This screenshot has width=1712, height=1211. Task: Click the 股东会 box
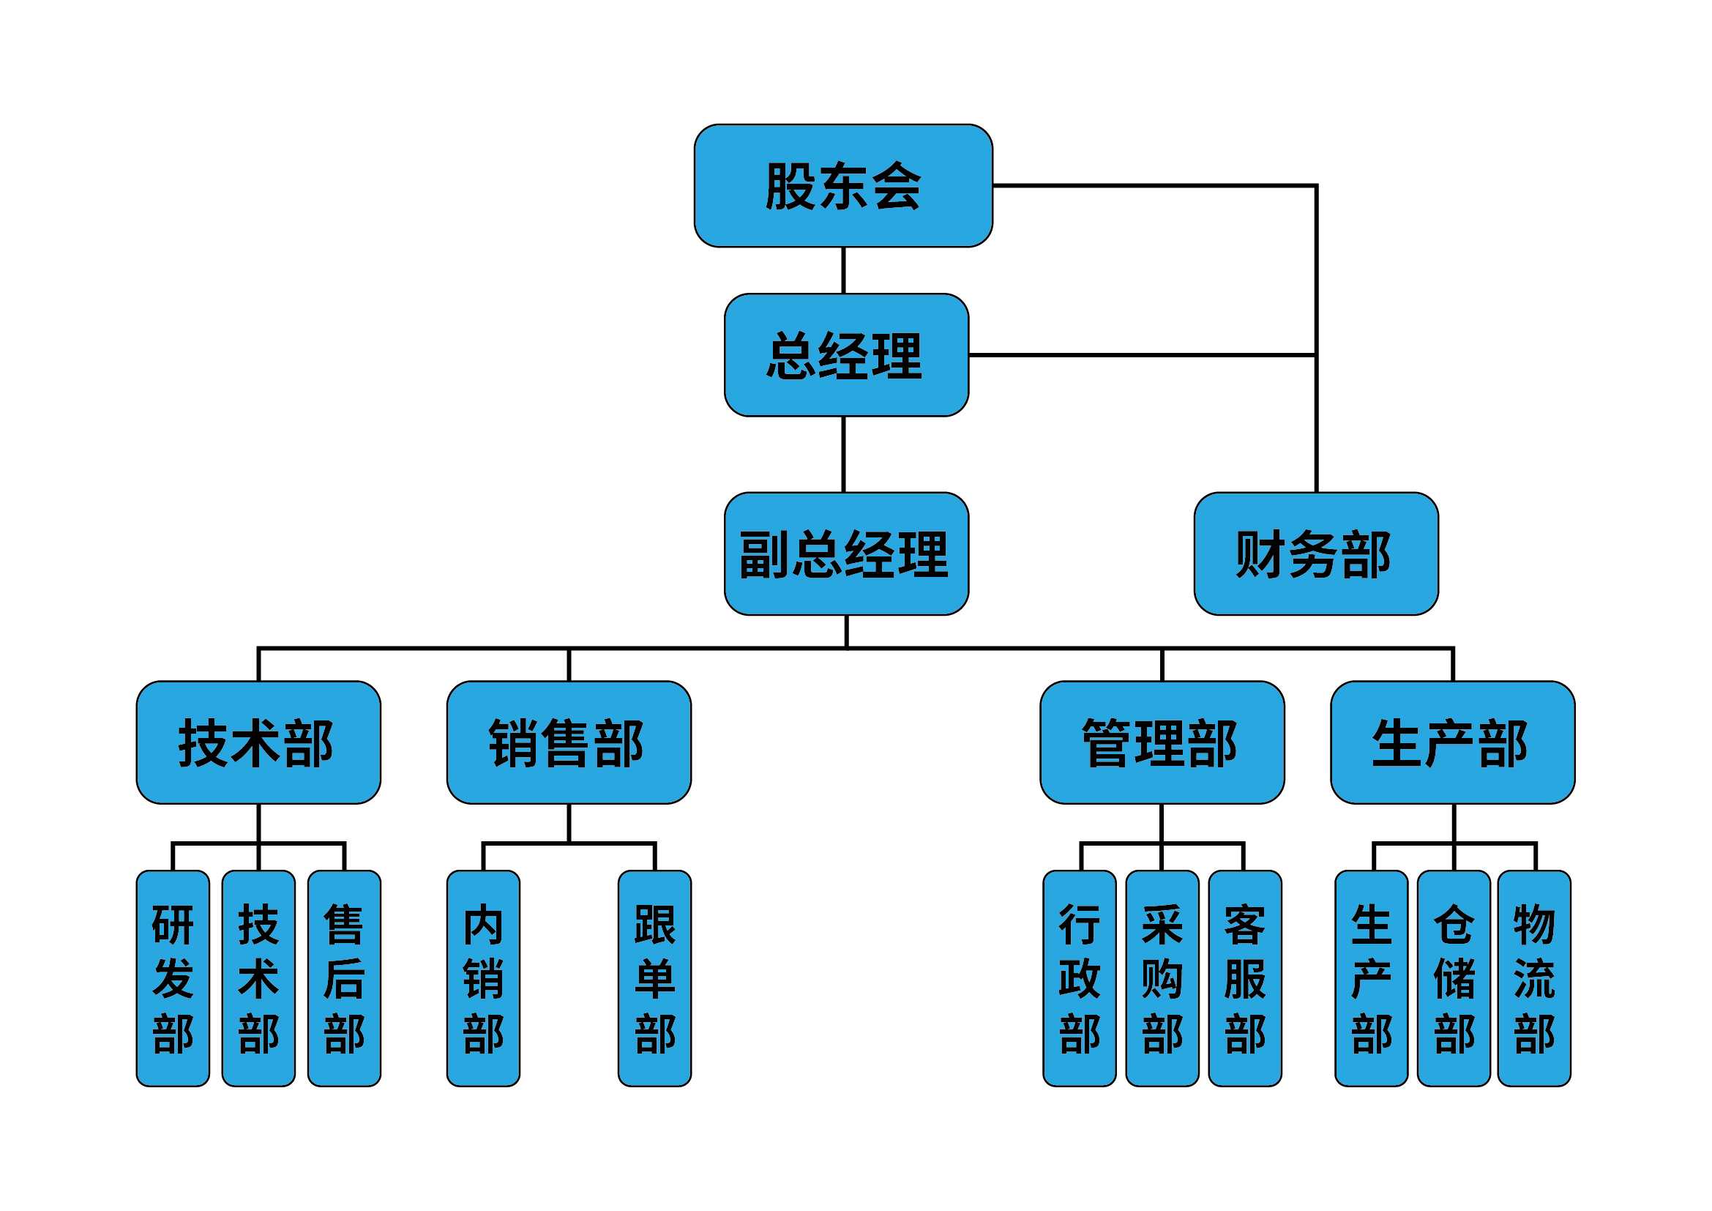coord(842,186)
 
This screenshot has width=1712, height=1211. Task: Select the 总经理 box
coord(846,355)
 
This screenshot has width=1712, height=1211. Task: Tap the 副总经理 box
coord(846,554)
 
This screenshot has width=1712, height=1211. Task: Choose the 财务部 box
coord(1315,554)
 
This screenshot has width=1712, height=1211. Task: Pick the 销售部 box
coord(568,742)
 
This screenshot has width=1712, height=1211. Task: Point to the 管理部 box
coord(1162,742)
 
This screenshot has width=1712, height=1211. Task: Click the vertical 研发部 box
coord(172,977)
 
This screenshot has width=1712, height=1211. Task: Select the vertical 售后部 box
coord(344,977)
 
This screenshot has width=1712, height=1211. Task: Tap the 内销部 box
coord(483,977)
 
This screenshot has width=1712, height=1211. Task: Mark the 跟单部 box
coord(654,977)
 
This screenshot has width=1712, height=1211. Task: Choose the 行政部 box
coord(1079,977)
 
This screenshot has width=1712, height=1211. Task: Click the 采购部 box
coord(1162,977)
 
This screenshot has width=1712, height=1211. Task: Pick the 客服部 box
coord(1244,977)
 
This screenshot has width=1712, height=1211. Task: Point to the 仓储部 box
coord(1454,977)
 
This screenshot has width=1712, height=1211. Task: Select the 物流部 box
coord(1534,977)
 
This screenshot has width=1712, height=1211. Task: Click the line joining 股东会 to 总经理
coord(843,270)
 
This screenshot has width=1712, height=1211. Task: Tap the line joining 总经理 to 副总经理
coord(843,453)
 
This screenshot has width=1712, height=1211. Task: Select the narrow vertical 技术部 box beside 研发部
coord(258,977)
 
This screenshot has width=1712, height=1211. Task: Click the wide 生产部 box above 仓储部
coord(1452,742)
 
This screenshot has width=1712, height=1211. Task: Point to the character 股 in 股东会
coord(790,186)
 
